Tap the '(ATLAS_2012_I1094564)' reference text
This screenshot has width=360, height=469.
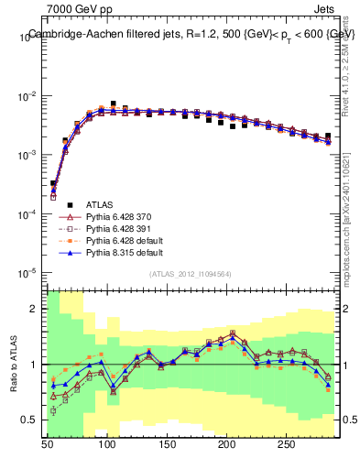(x=191, y=274)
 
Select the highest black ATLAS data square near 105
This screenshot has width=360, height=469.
(x=113, y=104)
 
